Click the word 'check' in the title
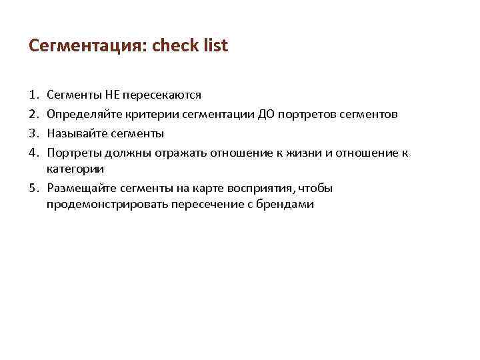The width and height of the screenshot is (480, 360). tap(177, 45)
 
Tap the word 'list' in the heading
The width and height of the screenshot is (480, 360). tap(217, 45)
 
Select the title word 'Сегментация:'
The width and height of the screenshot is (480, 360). tap(89, 45)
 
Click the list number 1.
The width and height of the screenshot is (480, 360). tap(33, 95)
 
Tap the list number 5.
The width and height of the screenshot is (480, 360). tap(34, 188)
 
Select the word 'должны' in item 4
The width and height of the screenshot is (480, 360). tap(121, 153)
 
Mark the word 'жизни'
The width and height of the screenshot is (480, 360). tap(305, 153)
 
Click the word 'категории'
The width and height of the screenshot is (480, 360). tap(75, 169)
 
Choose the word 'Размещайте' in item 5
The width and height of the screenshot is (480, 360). tap(79, 188)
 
